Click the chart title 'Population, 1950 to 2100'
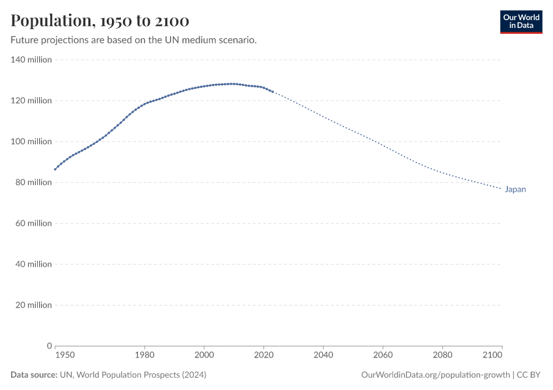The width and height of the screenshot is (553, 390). (x=100, y=21)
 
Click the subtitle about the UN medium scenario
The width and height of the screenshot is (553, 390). (x=133, y=40)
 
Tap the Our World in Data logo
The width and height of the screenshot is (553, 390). (x=520, y=21)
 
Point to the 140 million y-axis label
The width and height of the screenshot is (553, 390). (x=31, y=60)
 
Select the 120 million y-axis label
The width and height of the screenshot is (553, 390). (x=31, y=101)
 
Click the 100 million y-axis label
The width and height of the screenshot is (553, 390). (x=31, y=142)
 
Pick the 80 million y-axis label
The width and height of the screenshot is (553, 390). (x=33, y=183)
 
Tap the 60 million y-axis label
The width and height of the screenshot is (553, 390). (x=33, y=224)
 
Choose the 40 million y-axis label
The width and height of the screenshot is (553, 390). (x=33, y=265)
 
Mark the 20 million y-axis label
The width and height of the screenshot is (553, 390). (x=33, y=305)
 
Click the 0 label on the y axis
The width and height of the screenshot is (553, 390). (x=49, y=346)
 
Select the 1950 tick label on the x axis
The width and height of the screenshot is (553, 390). (x=64, y=355)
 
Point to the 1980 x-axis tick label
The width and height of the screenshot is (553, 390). (x=144, y=355)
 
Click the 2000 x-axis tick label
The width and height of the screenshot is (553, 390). (x=204, y=355)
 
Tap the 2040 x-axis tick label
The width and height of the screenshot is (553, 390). (x=323, y=355)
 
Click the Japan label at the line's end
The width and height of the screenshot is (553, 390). (x=515, y=190)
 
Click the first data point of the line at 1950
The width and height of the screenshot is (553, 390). (x=55, y=169)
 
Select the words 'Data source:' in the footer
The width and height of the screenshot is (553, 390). (x=34, y=375)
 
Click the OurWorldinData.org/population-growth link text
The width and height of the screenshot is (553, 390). (x=435, y=375)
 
